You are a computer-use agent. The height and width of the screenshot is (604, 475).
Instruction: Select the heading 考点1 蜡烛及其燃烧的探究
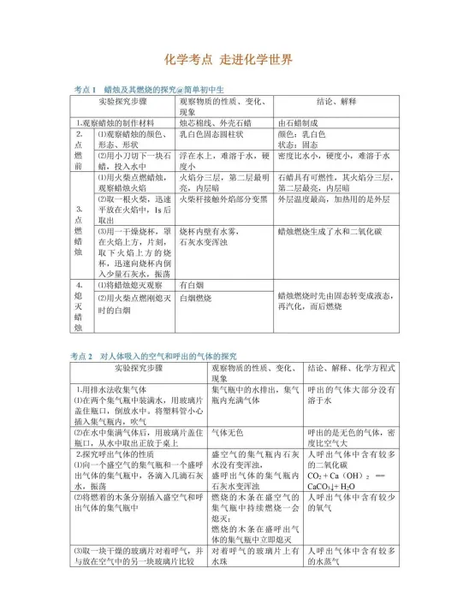point(150,89)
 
